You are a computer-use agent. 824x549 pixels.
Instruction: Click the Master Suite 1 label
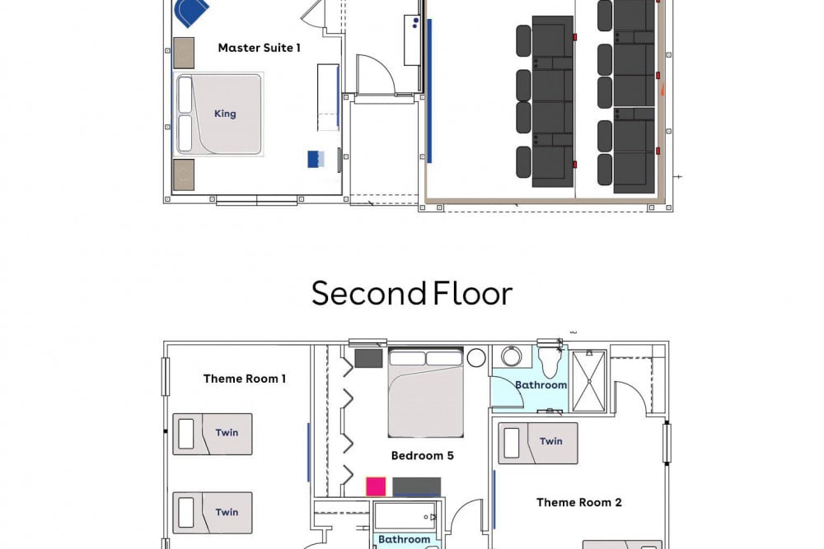coord(259,48)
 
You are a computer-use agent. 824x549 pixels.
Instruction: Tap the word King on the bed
coord(225,114)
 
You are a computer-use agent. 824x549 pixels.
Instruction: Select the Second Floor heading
coord(412,294)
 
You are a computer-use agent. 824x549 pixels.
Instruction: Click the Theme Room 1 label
coord(245,379)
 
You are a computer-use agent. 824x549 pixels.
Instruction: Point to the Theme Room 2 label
coord(578,502)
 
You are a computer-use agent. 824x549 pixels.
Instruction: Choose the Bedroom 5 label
coord(422,455)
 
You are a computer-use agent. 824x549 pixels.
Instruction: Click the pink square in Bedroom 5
coord(376,486)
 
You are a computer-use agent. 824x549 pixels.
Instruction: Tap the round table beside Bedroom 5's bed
coord(475,358)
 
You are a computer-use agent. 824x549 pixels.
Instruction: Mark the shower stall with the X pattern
coord(588,380)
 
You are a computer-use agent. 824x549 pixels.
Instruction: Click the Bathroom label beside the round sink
coord(541,384)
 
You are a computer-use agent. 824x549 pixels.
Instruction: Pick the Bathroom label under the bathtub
coord(404,540)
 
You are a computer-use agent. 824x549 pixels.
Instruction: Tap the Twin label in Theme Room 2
coord(550,441)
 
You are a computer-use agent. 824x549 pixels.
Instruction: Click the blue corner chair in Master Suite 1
coord(191,12)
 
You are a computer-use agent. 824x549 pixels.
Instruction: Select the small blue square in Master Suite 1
coord(313,159)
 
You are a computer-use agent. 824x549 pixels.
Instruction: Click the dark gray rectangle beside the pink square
coord(416,486)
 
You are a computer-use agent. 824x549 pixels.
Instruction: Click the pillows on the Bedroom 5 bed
coord(425,358)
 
